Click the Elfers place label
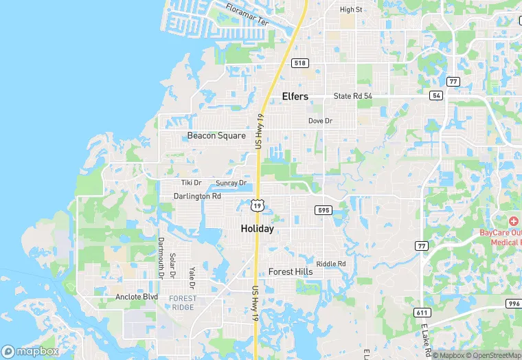click(295, 97)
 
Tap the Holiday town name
click(257, 229)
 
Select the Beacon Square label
click(216, 136)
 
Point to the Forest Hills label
click(291, 272)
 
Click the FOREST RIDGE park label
click(183, 302)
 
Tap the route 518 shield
click(299, 63)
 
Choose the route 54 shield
click(436, 95)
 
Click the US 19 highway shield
click(257, 205)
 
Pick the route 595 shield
click(324, 210)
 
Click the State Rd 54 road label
click(352, 96)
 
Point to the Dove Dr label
click(320, 121)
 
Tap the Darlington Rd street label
click(197, 196)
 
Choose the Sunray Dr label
click(231, 183)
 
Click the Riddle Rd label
click(330, 264)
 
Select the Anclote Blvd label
click(137, 297)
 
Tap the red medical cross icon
click(512, 221)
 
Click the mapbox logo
click(30, 351)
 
